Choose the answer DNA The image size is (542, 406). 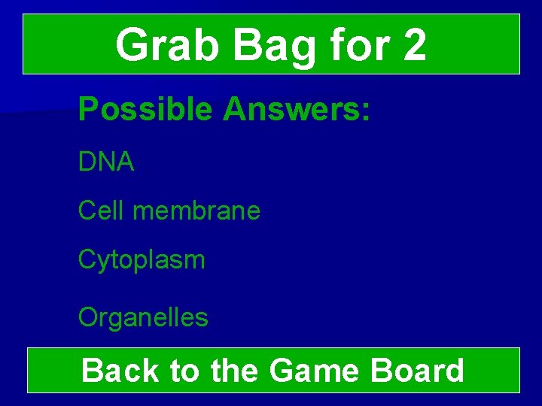coord(106,162)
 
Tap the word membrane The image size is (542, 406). coord(196,211)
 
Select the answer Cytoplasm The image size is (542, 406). coord(142,261)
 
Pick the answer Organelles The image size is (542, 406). coord(143,317)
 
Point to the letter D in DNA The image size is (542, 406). coord(86,162)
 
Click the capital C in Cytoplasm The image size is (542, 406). coord(87,260)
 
